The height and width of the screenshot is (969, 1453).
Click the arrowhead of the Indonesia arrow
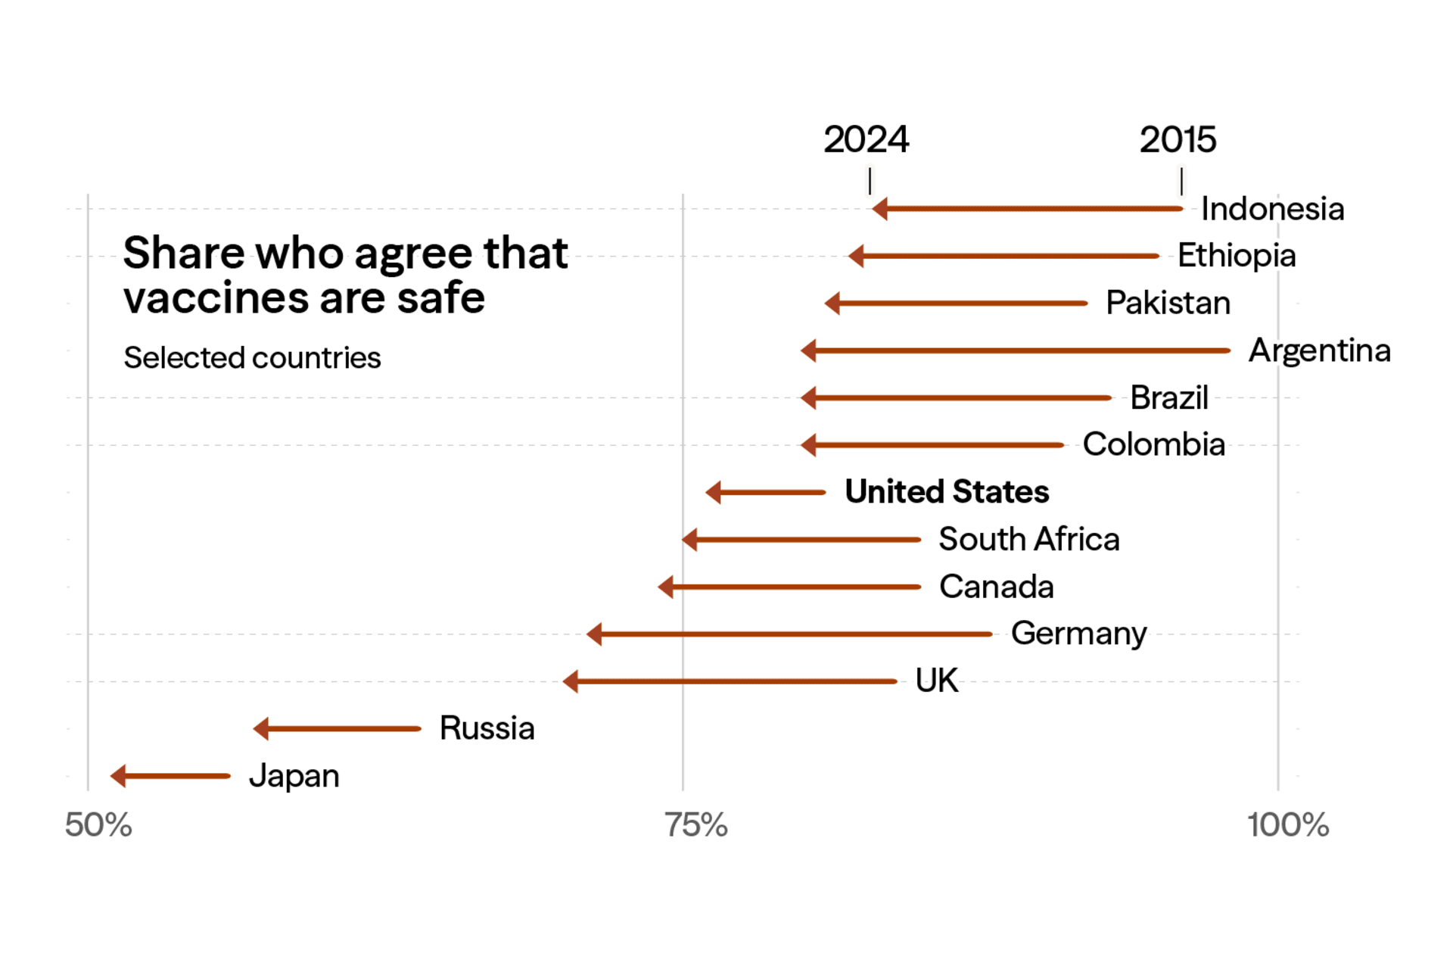click(880, 209)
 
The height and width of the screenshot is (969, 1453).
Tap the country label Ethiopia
click(1236, 256)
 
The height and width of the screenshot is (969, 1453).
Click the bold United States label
click(946, 492)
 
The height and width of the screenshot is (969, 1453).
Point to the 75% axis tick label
click(695, 825)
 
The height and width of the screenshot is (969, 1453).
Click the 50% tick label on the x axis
click(98, 825)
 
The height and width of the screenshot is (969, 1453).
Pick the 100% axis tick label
click(1287, 825)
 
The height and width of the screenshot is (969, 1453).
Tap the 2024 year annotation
click(866, 140)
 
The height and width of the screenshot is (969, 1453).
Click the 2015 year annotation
click(1178, 140)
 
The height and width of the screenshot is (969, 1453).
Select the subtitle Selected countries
click(252, 358)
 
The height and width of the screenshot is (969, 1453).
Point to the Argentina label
click(1319, 351)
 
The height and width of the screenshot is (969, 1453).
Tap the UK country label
click(936, 681)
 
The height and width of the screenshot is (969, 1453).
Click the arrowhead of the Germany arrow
click(595, 634)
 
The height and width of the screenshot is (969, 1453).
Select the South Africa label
click(1028, 540)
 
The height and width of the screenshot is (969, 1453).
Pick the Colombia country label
click(1153, 445)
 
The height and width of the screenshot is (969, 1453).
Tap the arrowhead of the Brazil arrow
click(809, 397)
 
